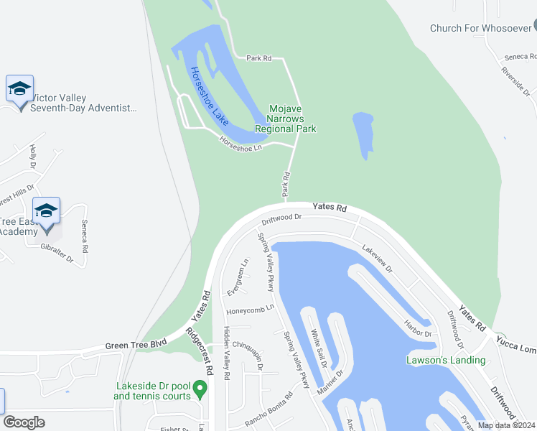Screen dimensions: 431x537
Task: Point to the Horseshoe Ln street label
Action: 241,143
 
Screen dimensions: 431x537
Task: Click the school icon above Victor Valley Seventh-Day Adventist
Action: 19,90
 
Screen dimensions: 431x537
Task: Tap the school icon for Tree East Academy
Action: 47,210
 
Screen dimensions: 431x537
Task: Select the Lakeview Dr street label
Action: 378,260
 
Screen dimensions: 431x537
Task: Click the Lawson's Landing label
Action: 445,360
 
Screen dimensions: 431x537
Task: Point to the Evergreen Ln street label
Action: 238,277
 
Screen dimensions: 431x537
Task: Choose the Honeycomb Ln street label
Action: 251,310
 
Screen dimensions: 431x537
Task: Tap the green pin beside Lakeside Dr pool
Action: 201,390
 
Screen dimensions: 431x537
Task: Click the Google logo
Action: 24,422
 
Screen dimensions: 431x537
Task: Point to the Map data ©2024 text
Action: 506,425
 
